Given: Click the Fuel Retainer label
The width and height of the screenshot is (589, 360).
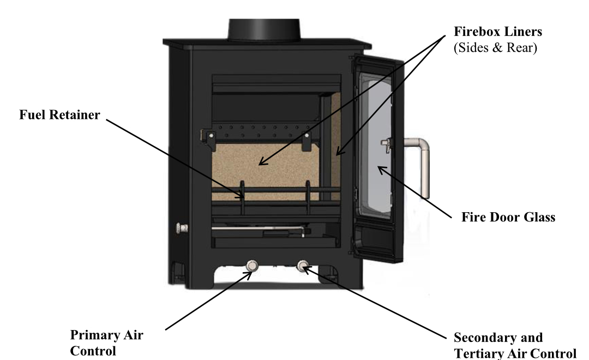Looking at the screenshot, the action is click(59, 115).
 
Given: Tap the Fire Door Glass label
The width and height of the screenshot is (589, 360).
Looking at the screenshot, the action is click(508, 217).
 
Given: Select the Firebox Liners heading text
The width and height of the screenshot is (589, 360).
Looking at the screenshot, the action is click(498, 32).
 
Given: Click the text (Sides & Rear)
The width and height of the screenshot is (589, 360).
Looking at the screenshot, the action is click(495, 47).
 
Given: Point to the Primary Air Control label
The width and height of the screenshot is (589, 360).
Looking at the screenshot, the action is click(107, 343).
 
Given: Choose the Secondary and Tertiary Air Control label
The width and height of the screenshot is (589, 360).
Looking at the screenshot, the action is click(515, 345).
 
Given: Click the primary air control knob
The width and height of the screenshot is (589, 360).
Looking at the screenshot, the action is click(251, 266).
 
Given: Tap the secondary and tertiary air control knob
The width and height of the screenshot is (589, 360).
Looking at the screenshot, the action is click(302, 266).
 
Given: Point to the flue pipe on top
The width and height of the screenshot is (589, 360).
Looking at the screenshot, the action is click(264, 29).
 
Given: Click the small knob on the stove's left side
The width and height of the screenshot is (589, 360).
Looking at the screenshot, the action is click(182, 227).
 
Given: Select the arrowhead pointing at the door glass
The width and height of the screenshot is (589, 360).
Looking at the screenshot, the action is click(382, 170).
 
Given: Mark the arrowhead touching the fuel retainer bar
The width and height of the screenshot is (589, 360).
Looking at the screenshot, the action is click(239, 194).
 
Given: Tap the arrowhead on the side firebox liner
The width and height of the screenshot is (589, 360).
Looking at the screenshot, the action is click(339, 151).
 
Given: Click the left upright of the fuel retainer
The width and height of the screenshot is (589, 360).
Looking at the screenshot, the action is click(243, 198).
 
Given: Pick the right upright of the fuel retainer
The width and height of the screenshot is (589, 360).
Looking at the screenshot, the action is click(308, 198).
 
